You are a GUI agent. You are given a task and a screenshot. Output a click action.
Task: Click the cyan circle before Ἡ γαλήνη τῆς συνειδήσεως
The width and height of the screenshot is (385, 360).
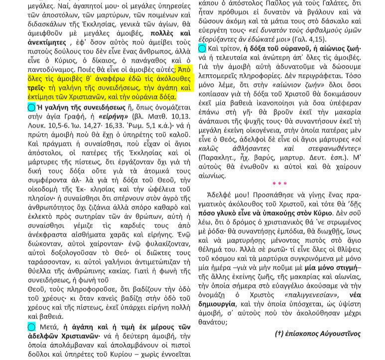point(31,107)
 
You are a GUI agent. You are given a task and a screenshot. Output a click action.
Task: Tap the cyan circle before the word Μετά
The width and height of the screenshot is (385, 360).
point(31,327)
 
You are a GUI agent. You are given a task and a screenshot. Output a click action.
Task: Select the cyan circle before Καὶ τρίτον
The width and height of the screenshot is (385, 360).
point(202,48)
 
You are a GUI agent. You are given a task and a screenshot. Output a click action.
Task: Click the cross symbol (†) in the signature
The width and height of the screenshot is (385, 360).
point(279,333)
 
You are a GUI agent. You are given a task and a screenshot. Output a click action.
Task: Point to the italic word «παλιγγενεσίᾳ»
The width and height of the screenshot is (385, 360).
point(306,294)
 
